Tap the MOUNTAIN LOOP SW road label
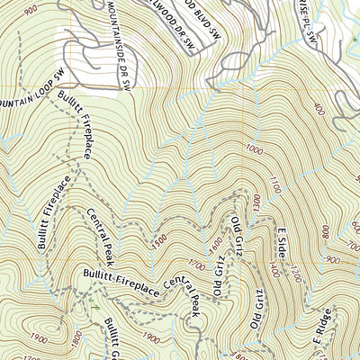[28, 92]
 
